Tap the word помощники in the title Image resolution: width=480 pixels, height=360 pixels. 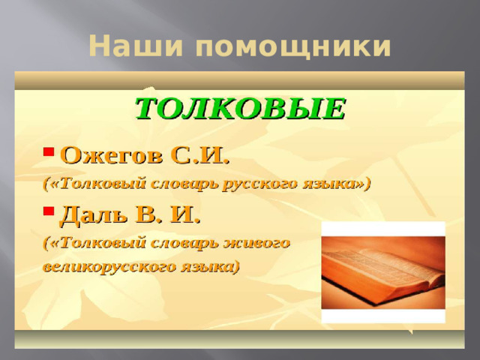[x=292, y=48]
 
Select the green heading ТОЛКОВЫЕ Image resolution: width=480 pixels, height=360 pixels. [x=240, y=109]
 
